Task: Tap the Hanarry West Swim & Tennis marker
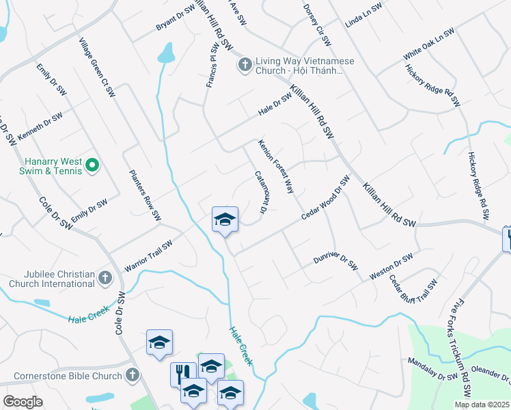point(94,165)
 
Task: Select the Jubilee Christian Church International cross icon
point(105,277)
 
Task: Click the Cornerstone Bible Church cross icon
point(133,375)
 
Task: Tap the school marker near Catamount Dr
point(225,219)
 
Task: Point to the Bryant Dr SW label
point(176,19)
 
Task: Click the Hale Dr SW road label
point(275,105)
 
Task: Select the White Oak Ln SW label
point(428,44)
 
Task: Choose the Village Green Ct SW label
point(96,67)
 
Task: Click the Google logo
point(23,402)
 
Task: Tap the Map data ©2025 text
point(482,405)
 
